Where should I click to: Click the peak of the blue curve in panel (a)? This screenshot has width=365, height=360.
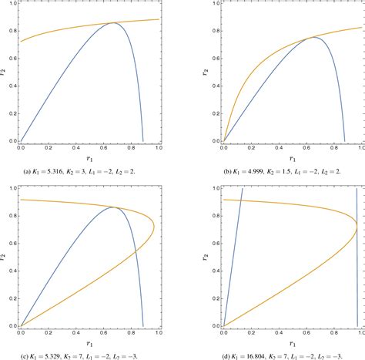[114, 23]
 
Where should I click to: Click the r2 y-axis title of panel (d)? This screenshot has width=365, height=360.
[207, 257]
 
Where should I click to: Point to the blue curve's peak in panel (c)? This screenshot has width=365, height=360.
[115, 207]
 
